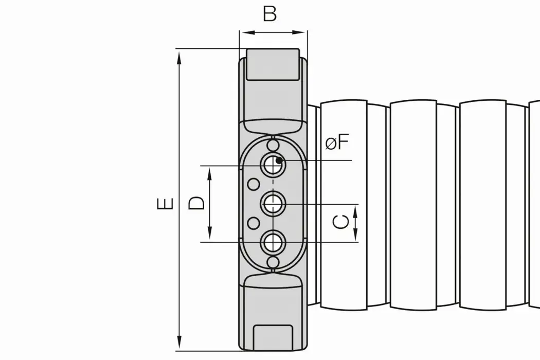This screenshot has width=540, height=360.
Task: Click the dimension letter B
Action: (270, 14)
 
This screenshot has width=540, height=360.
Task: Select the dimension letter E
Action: (165, 204)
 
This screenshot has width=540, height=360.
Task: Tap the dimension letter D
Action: (196, 202)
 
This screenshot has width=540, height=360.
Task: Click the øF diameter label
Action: (337, 142)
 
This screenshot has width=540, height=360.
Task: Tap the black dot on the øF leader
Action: (279, 160)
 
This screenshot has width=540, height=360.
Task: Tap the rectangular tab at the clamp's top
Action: (273, 64)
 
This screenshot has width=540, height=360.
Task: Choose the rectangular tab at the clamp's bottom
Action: (274, 337)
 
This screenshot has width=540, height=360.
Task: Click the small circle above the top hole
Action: (273, 143)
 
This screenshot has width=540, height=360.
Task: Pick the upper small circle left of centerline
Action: (253, 184)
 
